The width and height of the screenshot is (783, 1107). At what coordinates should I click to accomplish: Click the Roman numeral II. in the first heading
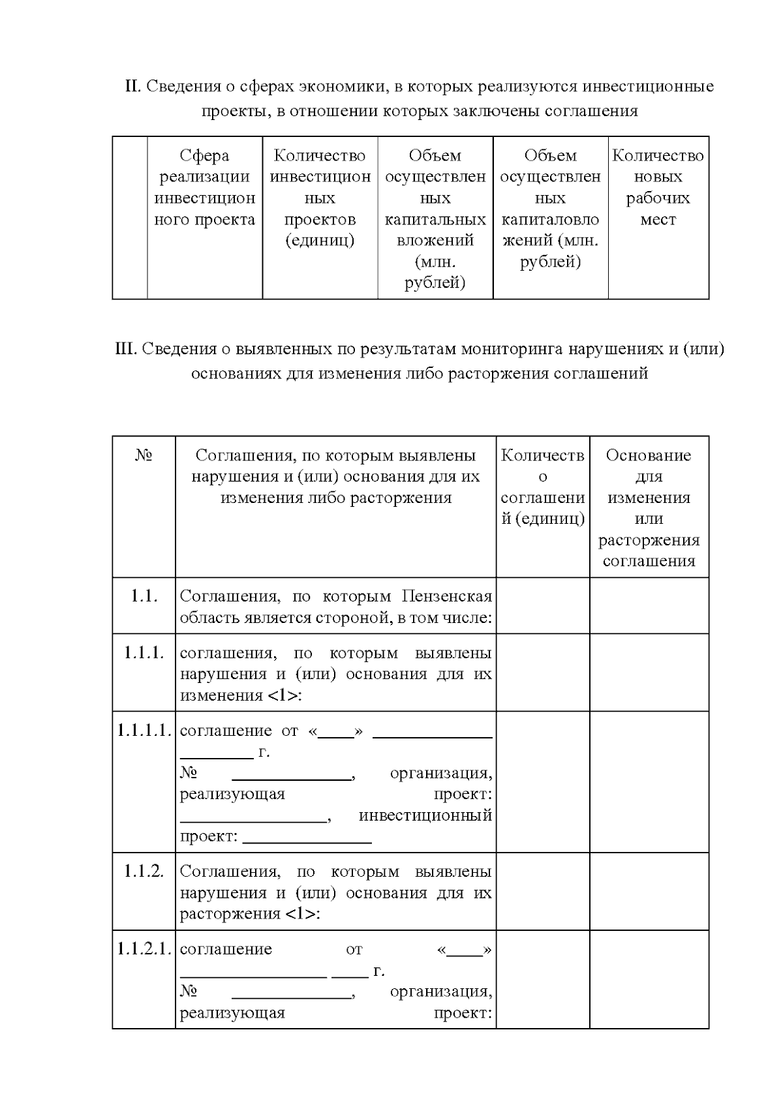click(x=132, y=86)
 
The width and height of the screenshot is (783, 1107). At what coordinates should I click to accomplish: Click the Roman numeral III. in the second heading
click(x=126, y=349)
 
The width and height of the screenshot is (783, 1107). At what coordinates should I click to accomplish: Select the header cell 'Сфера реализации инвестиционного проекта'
click(x=204, y=187)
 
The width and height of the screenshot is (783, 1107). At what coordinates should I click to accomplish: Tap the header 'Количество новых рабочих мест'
click(x=658, y=187)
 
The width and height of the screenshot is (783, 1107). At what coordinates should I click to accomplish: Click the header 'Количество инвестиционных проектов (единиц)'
click(x=320, y=198)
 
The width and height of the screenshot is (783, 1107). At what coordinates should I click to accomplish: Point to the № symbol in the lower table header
click(x=144, y=455)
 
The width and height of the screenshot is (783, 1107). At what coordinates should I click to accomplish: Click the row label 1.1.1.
click(x=144, y=653)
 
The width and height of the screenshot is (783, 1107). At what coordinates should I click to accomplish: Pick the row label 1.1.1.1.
click(x=144, y=731)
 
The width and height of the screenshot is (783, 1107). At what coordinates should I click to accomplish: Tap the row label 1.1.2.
click(x=144, y=872)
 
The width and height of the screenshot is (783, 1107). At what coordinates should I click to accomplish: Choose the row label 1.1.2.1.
click(x=144, y=949)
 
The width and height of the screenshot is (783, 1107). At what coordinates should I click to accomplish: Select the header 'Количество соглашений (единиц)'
click(x=542, y=487)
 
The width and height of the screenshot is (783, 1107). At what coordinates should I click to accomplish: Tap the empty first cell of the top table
click(x=130, y=218)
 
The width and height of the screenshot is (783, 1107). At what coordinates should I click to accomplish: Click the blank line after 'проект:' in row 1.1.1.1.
click(x=307, y=838)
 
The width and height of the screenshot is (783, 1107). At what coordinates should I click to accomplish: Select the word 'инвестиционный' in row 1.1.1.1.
click(x=425, y=815)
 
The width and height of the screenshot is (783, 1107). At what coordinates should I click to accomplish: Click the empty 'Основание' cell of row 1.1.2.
click(x=649, y=892)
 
